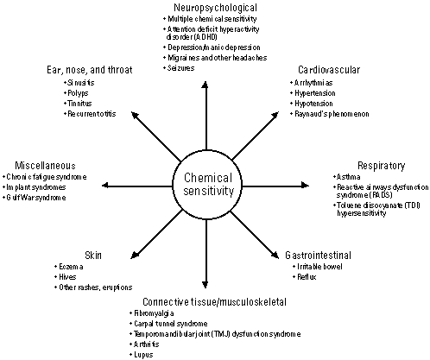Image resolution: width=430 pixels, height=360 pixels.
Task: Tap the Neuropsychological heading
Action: [x=215, y=7]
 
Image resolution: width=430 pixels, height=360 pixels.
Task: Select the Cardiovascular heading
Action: [x=329, y=70]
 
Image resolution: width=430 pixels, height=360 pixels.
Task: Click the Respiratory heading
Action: [x=382, y=166]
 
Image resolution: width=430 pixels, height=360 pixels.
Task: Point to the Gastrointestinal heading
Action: [x=318, y=255]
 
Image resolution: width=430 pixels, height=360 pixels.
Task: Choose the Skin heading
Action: [x=93, y=255]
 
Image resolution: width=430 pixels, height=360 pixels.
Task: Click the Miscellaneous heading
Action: [x=45, y=166]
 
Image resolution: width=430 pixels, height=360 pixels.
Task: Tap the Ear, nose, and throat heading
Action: [x=90, y=70]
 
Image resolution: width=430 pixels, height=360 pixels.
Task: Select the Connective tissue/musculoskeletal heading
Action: [x=215, y=301]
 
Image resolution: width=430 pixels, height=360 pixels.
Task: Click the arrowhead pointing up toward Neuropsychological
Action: [x=205, y=85]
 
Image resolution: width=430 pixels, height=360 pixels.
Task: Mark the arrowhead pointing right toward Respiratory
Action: [x=305, y=186]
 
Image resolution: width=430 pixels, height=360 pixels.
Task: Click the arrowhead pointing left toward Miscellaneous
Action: [x=106, y=186]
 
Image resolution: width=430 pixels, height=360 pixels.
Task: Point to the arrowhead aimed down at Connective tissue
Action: [x=205, y=284]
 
